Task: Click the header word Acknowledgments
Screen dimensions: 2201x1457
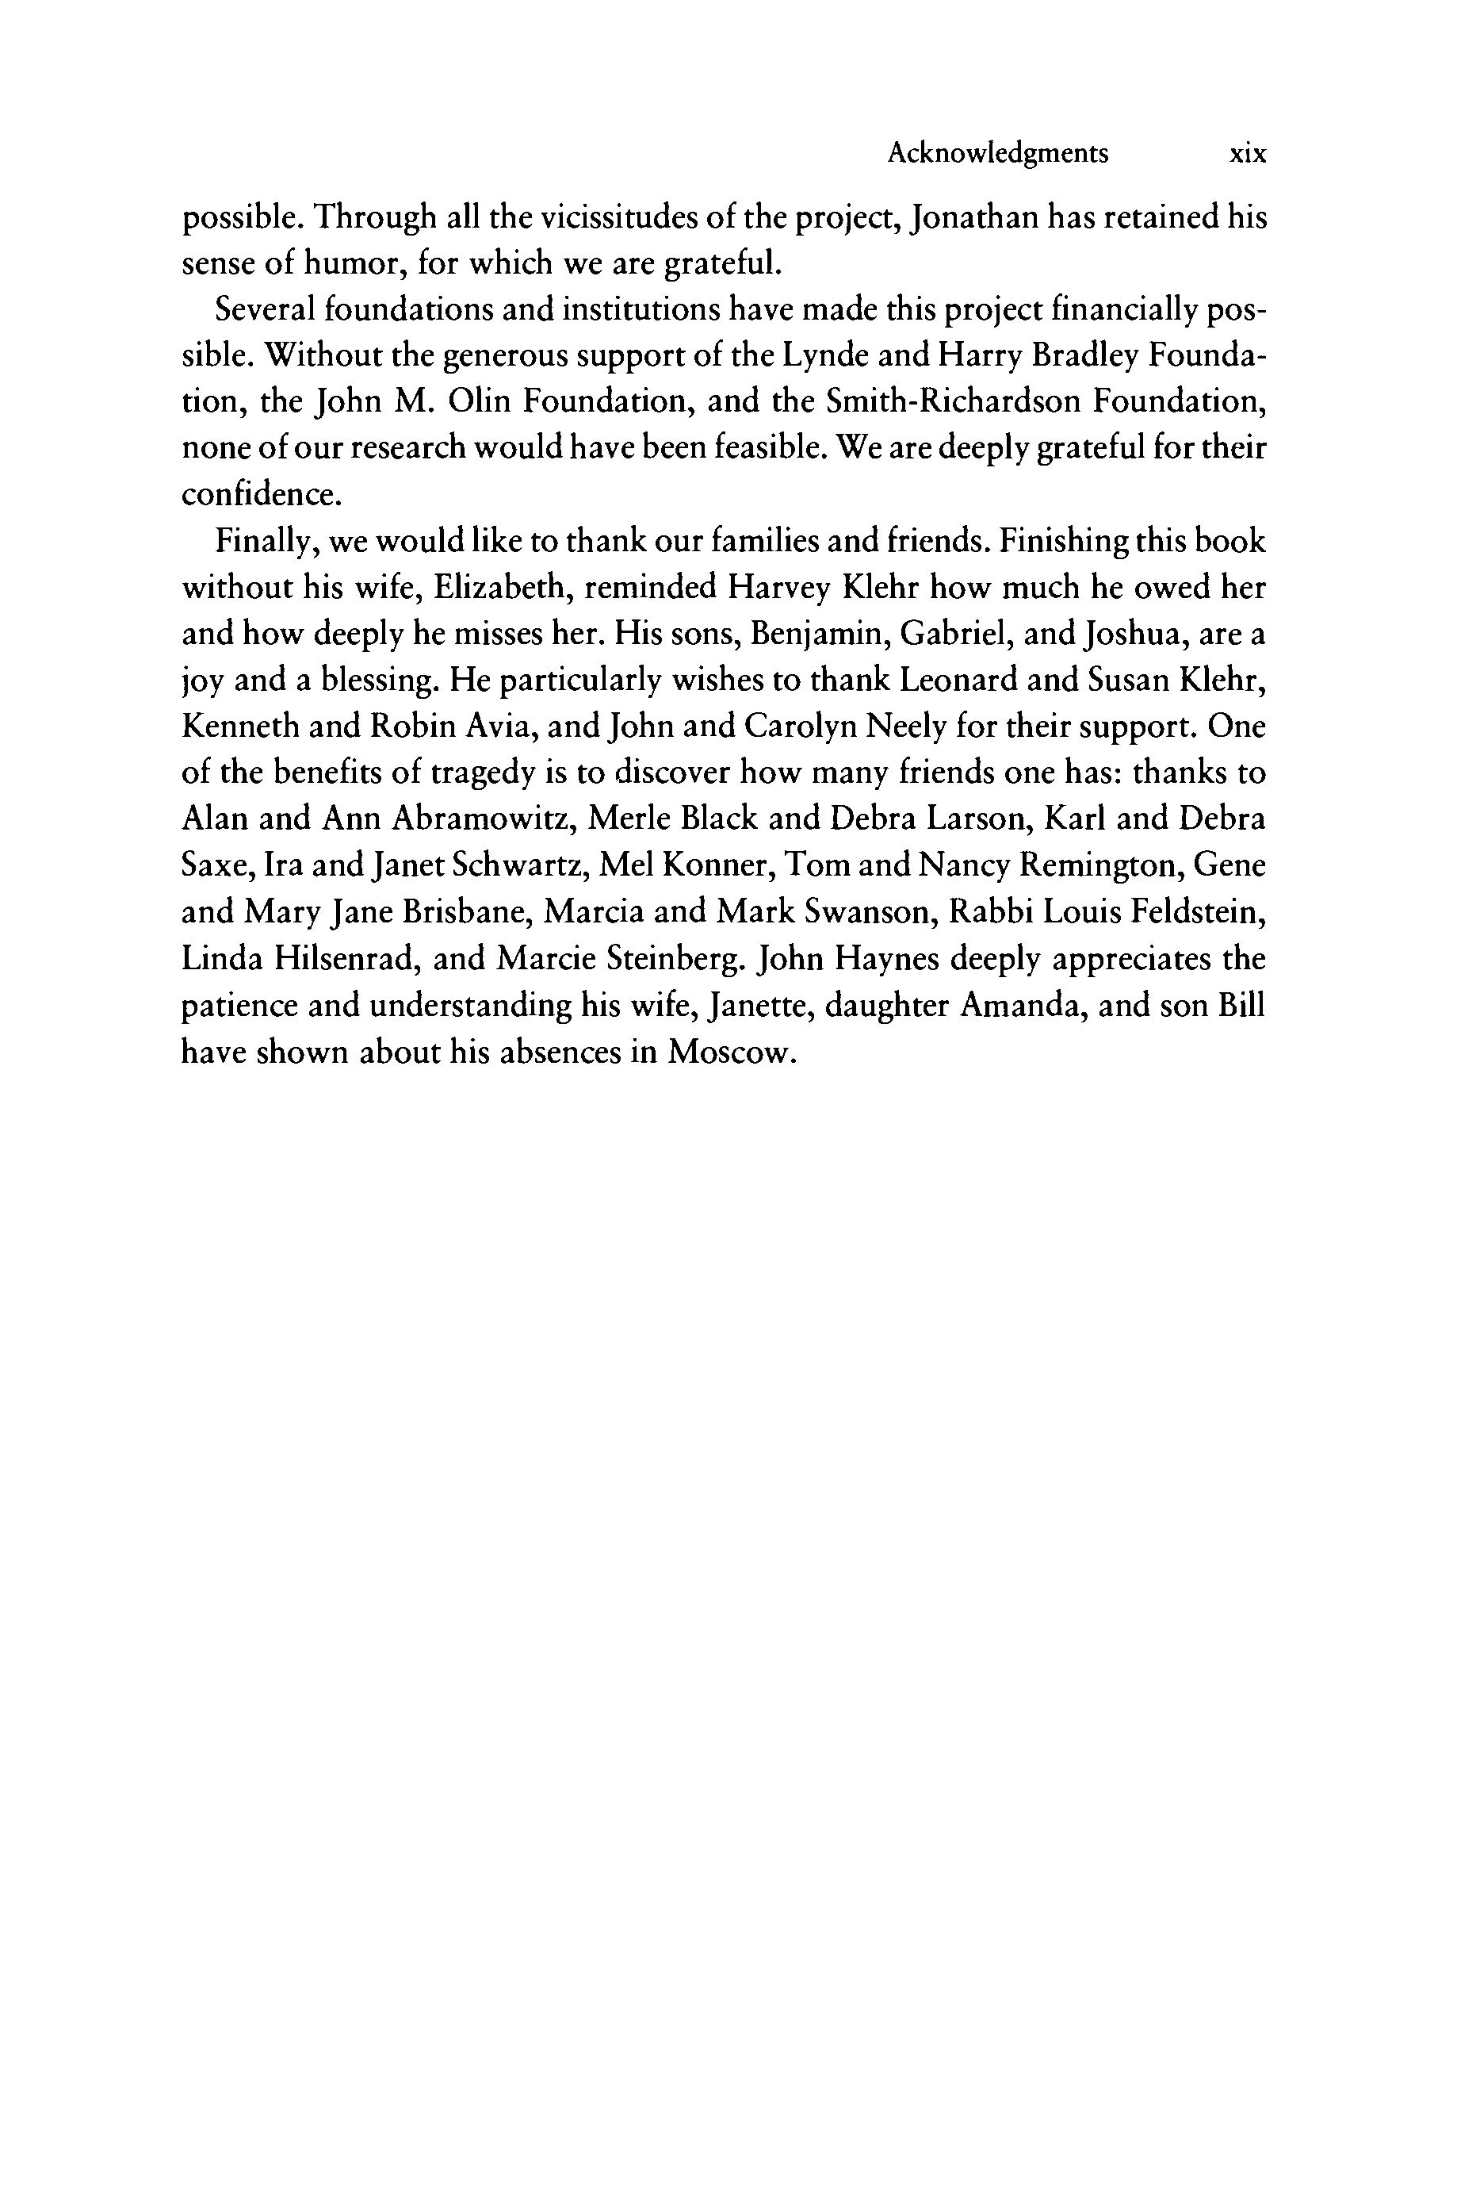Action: pos(997,153)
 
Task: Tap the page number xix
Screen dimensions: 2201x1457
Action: pos(1247,153)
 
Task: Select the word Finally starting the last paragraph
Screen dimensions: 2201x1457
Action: pos(266,541)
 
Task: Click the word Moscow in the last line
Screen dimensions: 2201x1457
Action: pos(732,1053)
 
